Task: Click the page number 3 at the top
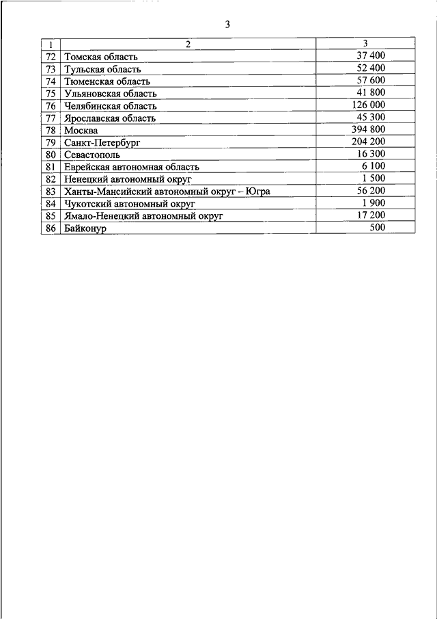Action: [228, 25]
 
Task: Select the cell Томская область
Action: [101, 57]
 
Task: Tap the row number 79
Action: [51, 142]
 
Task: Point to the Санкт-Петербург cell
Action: [102, 142]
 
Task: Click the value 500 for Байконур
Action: [377, 226]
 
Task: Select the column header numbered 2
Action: [188, 44]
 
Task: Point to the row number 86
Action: [51, 228]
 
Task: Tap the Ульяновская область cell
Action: [110, 93]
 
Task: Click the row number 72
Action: [51, 57]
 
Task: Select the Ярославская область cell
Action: [109, 118]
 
